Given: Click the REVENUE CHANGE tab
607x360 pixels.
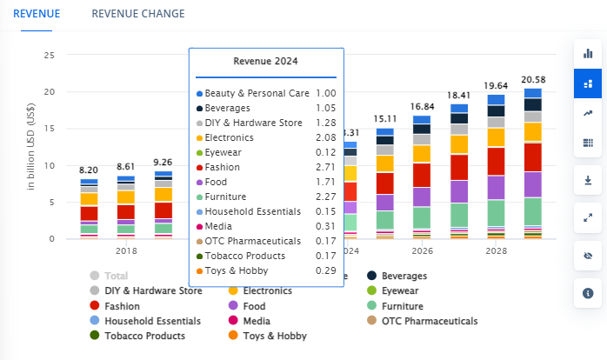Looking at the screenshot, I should [x=137, y=14].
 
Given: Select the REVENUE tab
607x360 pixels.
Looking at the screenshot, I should [x=37, y=14].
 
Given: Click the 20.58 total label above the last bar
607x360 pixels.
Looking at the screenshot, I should [x=532, y=80].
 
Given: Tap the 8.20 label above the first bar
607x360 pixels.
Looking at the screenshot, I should [x=88, y=170].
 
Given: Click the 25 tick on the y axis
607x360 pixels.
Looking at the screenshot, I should [x=50, y=55].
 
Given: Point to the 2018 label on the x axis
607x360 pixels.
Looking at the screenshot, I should [x=126, y=251].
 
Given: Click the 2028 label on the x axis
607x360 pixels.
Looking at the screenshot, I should [x=496, y=251].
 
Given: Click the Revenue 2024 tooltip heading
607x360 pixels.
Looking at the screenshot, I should [x=266, y=61].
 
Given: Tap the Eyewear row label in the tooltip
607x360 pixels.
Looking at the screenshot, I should [x=224, y=152].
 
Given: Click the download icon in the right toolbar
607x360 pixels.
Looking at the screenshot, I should [x=588, y=180].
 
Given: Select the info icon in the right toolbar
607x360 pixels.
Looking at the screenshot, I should [x=588, y=293].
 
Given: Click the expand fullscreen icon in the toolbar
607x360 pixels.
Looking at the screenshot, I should [x=588, y=217].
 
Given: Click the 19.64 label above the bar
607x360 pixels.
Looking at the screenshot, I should [x=496, y=86].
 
